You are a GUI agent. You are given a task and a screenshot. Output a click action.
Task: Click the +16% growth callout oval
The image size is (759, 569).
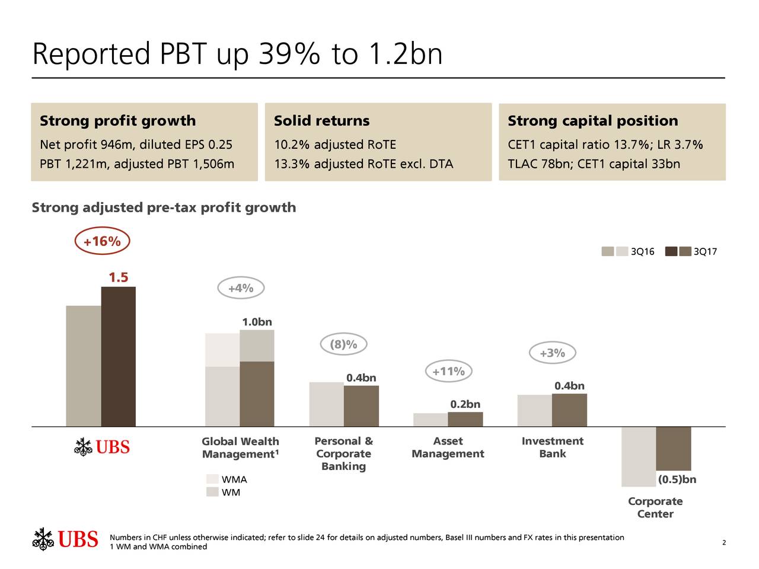102,241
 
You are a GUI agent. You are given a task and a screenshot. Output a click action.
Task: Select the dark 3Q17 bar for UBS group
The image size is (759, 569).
119,356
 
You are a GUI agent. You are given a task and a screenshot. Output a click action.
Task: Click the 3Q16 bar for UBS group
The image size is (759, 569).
84,366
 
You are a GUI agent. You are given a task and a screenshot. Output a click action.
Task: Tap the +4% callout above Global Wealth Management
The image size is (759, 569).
240,288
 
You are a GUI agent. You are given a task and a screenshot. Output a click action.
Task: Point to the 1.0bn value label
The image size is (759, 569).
257,322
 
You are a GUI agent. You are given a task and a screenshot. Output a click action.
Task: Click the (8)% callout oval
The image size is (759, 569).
343,344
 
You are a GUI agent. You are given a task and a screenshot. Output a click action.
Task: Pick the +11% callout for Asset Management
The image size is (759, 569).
448,372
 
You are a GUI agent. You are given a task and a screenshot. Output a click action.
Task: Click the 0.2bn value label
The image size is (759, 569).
465,404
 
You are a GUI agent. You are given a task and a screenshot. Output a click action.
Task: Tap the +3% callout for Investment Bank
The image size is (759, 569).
552,353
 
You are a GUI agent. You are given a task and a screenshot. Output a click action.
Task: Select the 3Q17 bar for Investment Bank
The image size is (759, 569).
569,410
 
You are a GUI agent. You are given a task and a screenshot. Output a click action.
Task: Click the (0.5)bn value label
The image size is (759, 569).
677,480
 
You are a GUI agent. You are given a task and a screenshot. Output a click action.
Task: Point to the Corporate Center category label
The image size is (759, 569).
655,507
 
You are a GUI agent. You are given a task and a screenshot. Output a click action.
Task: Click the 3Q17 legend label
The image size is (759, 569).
705,252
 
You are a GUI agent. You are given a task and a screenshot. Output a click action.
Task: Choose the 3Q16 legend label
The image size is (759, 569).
642,252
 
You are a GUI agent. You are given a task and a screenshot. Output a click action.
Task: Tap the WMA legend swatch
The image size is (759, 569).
212,480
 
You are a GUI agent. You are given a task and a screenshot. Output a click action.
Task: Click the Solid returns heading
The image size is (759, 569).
321,121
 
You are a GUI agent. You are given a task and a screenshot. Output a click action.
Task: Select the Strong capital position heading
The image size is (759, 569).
592,121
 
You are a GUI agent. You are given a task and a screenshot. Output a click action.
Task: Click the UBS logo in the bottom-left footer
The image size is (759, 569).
65,539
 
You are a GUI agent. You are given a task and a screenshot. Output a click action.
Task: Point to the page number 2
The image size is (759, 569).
724,543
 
